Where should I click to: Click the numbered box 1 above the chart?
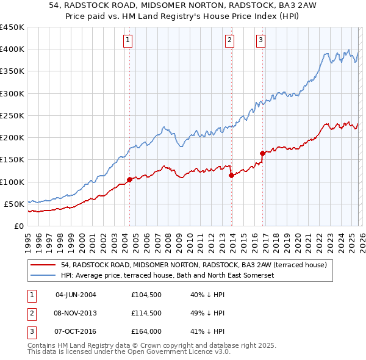click(128, 41)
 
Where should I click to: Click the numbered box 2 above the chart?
click(230, 41)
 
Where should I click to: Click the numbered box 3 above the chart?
click(260, 41)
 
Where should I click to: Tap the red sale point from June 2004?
click(129, 179)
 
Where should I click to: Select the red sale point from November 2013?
click(231, 175)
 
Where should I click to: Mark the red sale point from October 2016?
click(262, 153)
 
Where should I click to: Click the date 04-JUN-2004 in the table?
click(76, 295)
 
